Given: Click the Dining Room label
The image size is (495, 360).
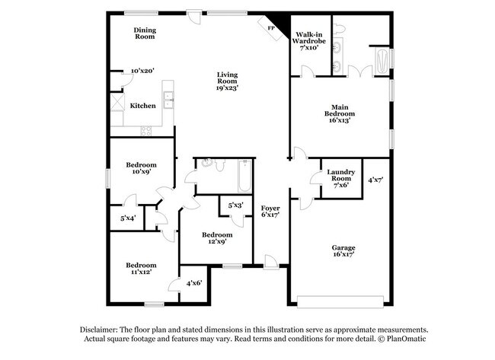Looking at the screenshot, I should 145,33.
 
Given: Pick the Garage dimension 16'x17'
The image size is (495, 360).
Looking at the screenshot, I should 343,256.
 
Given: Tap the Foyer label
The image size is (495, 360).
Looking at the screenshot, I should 270,208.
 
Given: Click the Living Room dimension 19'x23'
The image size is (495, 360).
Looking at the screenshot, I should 228,88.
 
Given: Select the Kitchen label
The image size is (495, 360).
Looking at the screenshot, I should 142,106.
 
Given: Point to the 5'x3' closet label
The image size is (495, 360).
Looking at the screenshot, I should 235,205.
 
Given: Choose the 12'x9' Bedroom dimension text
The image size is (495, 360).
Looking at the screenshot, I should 217,243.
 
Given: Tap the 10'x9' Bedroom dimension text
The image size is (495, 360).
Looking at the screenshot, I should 142,172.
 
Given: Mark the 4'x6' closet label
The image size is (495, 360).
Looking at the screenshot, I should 193,283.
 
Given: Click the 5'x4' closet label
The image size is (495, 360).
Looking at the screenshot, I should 128,218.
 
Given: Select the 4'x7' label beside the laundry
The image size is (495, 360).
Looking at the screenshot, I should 375,180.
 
